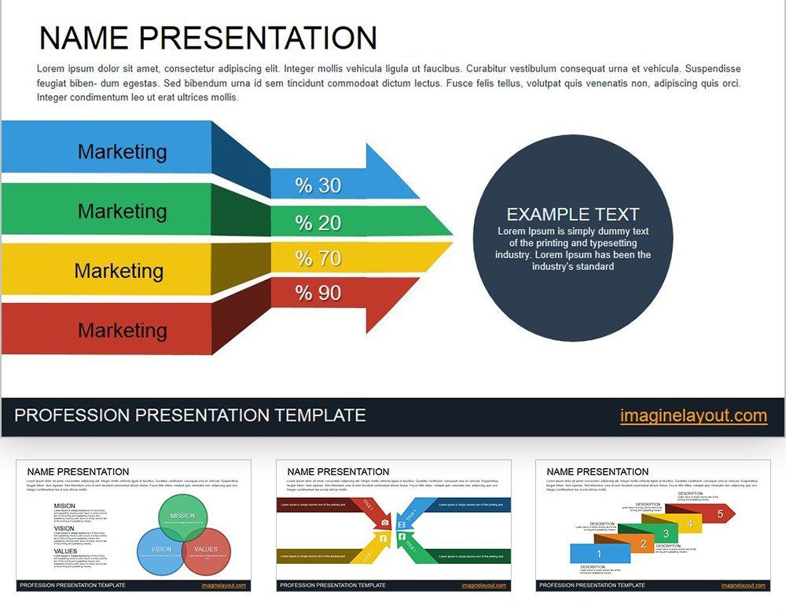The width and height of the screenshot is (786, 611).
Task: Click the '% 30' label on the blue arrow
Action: [x=318, y=185]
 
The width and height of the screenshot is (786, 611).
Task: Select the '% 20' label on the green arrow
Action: [x=318, y=223]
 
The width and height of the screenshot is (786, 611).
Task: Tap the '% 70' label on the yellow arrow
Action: [x=318, y=258]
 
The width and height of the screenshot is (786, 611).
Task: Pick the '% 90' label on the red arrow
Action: [x=318, y=293]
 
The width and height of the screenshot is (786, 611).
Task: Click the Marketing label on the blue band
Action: [x=122, y=152]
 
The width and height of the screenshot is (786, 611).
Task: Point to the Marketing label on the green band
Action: [x=122, y=211]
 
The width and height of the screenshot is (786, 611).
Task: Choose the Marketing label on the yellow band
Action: [x=119, y=271]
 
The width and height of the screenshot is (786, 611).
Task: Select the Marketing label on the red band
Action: [x=122, y=331]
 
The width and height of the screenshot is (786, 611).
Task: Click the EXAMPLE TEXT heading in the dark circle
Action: [x=572, y=214]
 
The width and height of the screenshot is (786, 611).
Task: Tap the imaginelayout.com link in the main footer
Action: [x=693, y=416]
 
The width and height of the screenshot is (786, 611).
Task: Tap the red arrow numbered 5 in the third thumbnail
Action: [x=718, y=514]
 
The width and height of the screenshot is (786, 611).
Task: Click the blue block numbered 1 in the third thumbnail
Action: [x=599, y=554]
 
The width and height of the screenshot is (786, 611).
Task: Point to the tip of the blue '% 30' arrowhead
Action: [x=419, y=197]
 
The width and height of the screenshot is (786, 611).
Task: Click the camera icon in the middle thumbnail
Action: [x=385, y=522]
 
